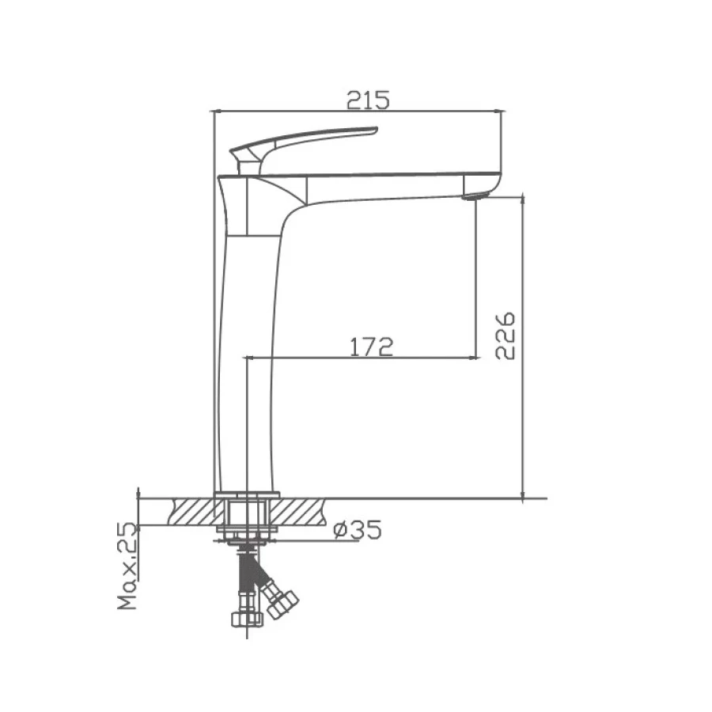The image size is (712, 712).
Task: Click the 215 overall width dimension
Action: click(x=368, y=100)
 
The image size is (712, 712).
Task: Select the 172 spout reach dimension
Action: click(x=372, y=347)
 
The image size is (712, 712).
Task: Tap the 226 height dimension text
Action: click(x=506, y=335)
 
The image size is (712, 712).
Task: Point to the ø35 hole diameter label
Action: click(x=357, y=530)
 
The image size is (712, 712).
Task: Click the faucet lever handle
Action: click(x=309, y=140)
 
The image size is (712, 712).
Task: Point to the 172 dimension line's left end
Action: click(x=247, y=358)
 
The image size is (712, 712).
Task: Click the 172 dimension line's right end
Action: click(x=476, y=358)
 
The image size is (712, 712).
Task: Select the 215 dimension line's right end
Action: click(x=502, y=111)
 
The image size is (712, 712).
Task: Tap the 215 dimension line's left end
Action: click(x=214, y=111)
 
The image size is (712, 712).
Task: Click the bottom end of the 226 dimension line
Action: click(x=523, y=498)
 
